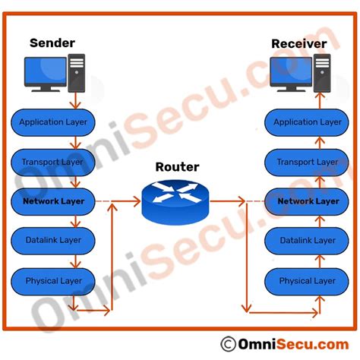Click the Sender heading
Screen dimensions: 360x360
[52, 43]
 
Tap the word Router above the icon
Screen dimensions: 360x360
[177, 167]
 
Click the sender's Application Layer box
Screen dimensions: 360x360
[53, 122]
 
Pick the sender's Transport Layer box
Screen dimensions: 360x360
[52, 162]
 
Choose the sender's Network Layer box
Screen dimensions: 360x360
[52, 201]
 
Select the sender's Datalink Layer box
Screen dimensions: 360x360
[52, 241]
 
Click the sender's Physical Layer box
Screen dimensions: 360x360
[52, 281]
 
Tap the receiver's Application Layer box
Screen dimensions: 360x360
[308, 122]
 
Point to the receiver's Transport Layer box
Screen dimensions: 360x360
[308, 162]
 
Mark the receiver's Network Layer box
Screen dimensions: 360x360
[308, 201]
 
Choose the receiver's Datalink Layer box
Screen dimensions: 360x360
[308, 241]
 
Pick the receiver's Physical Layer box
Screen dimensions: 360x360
[308, 281]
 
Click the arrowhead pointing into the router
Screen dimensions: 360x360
[137, 201]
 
